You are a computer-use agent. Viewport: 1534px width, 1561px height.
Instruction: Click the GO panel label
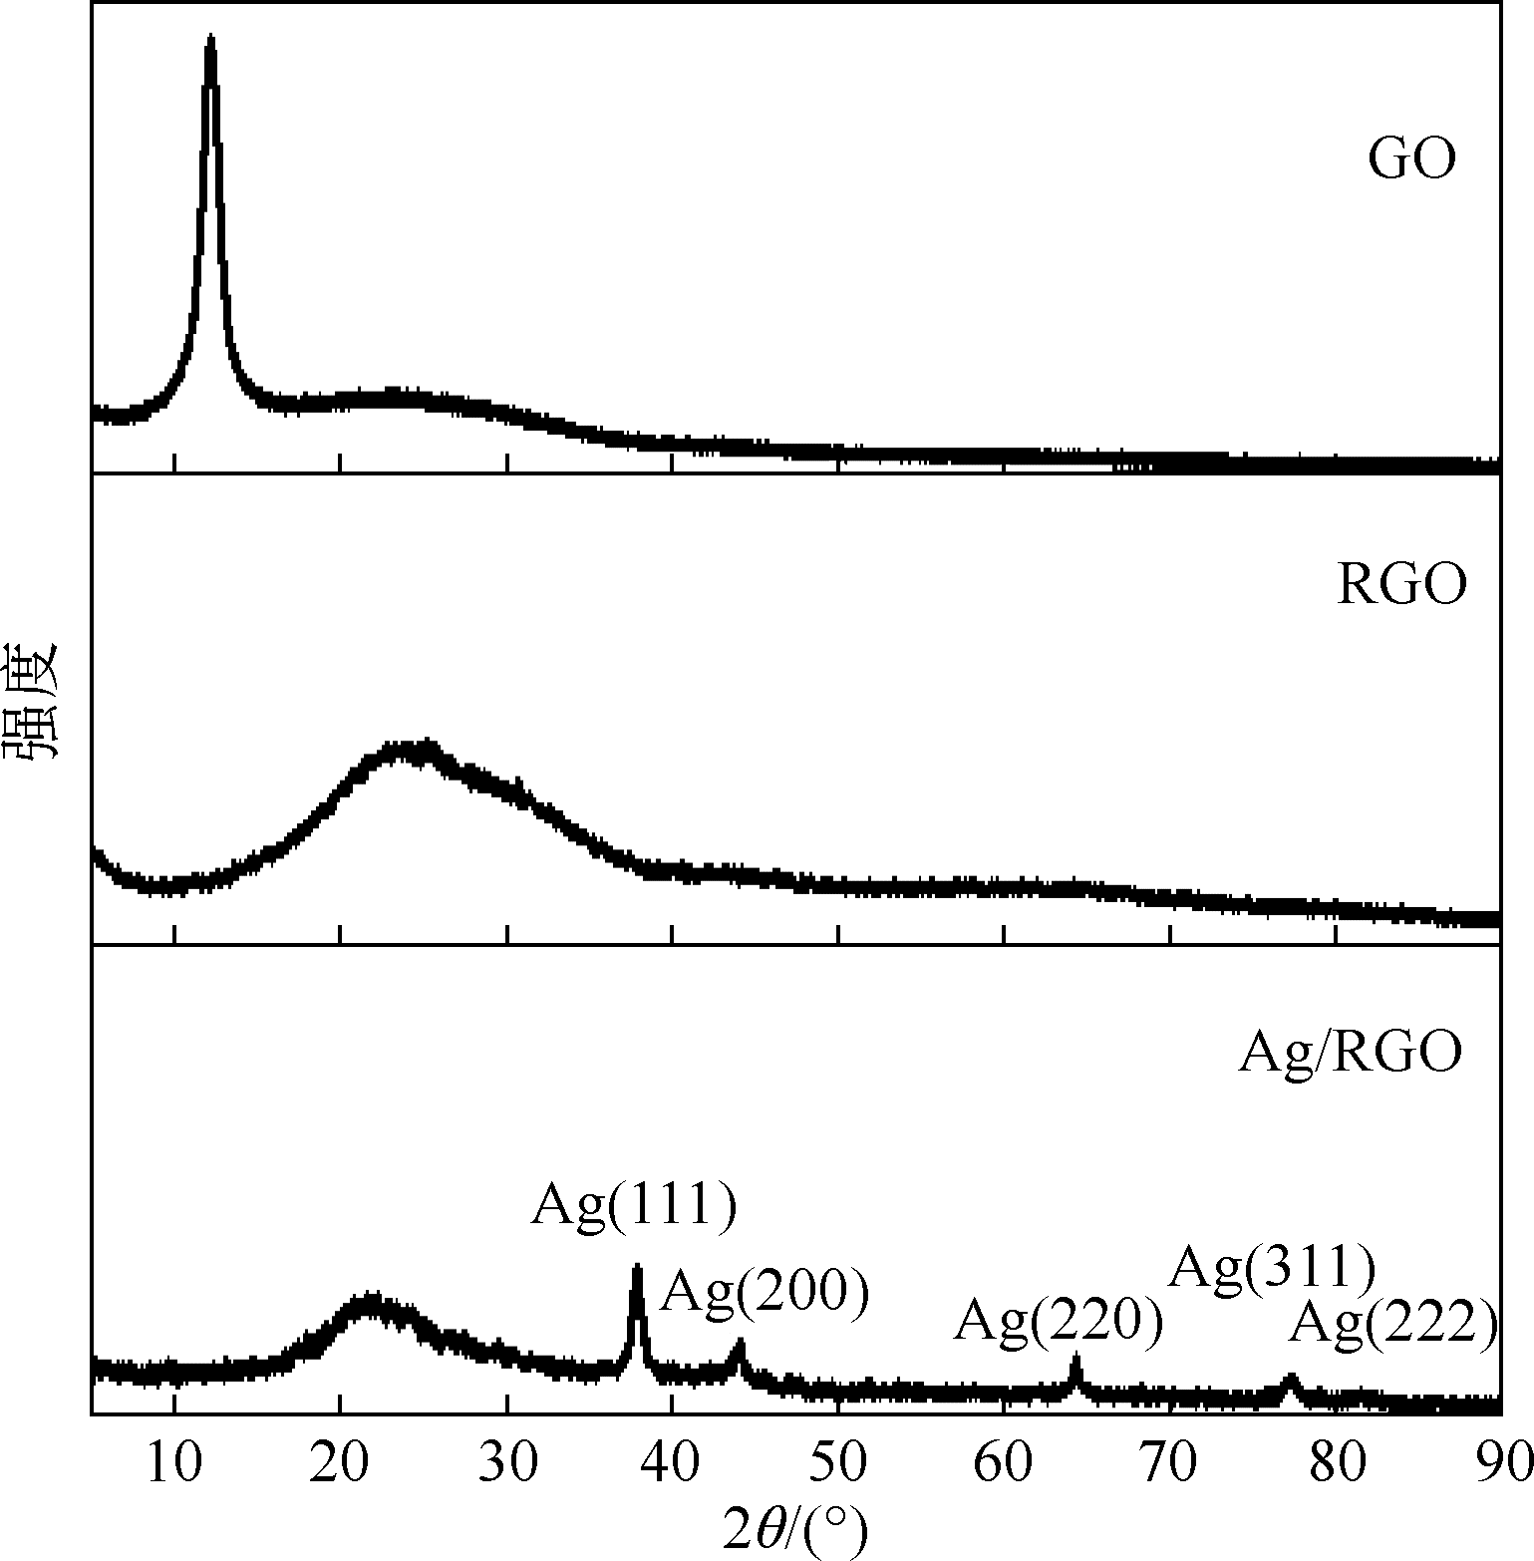[x=1411, y=159]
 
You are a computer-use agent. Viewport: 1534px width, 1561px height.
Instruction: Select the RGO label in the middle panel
[x=1401, y=585]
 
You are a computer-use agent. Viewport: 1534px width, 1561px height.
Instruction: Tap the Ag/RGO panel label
[x=1350, y=1052]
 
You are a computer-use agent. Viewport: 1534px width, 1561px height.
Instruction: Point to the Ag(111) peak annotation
[x=634, y=1205]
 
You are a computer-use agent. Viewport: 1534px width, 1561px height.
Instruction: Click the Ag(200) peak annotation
[x=766, y=1292]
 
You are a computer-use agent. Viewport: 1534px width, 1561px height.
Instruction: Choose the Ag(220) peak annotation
[x=1059, y=1322]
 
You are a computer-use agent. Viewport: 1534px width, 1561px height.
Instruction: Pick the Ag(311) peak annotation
[x=1272, y=1268]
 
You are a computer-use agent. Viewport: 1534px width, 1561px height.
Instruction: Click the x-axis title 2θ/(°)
[x=794, y=1531]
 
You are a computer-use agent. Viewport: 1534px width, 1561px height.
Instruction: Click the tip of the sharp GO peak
[x=210, y=40]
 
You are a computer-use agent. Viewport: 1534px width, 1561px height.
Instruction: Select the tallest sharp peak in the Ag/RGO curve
[x=637, y=1270]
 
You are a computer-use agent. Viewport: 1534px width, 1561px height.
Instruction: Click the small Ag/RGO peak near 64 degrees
[x=1075, y=1359]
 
